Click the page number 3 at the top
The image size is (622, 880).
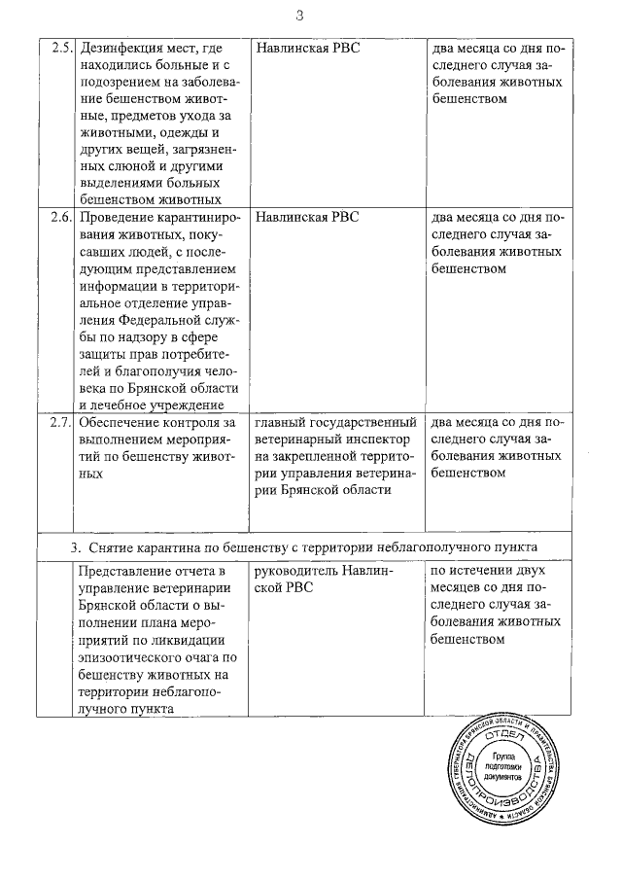[300, 15]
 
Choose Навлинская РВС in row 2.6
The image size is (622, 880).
[307, 217]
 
